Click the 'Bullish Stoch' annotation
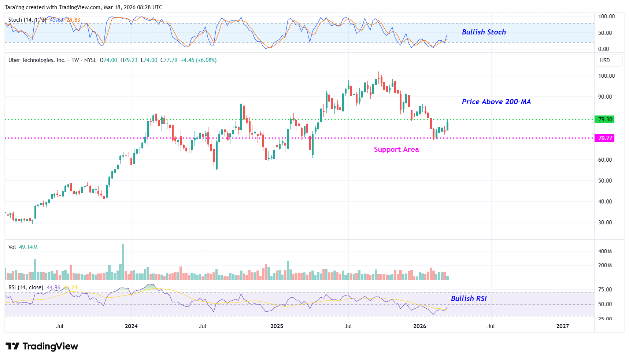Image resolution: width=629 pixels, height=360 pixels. click(x=484, y=32)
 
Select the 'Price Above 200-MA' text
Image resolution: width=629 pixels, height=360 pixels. click(x=496, y=102)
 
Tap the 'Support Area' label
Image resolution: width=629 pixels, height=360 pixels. click(x=396, y=149)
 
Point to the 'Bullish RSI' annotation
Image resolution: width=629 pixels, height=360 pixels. click(x=469, y=298)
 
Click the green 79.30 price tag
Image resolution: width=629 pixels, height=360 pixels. click(x=605, y=120)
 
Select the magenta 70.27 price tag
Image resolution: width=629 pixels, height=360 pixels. click(x=605, y=138)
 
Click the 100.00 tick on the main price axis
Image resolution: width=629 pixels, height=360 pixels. click(x=606, y=76)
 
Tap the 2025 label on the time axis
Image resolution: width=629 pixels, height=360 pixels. click(x=277, y=326)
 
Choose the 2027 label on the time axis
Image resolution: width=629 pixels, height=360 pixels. click(x=562, y=326)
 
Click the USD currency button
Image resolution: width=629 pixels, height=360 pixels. click(x=605, y=60)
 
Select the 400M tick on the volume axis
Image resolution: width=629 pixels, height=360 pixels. click(x=605, y=251)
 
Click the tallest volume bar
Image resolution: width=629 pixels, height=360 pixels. click(x=123, y=262)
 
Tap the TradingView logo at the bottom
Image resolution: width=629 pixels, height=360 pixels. click(x=42, y=346)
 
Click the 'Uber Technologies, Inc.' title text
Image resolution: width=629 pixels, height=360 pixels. click(x=37, y=60)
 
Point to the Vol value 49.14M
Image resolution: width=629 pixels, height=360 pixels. click(x=28, y=247)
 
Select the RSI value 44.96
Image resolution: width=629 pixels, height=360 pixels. click(x=53, y=287)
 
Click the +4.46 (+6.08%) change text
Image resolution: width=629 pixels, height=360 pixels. click(x=199, y=60)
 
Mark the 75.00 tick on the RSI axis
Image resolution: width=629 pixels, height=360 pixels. click(x=605, y=290)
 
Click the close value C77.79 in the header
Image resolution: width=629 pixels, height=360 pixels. click(x=169, y=60)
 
